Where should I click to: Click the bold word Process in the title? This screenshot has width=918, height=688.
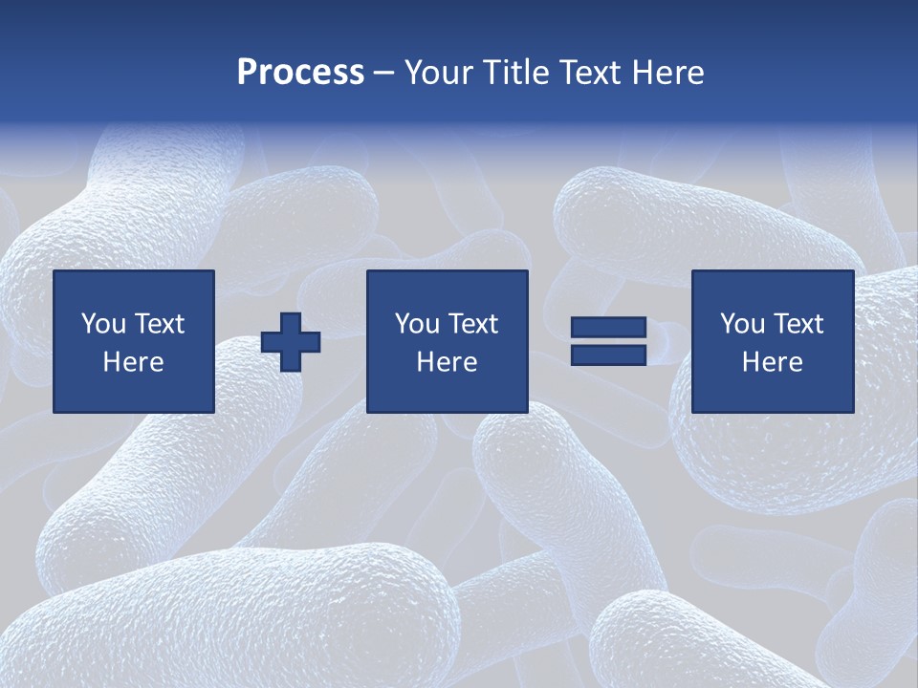300,73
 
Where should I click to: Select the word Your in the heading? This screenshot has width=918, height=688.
439,73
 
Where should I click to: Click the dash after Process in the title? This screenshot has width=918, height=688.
384,74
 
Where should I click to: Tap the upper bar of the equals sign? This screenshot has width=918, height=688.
608,328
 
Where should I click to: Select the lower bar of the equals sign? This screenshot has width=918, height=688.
608,355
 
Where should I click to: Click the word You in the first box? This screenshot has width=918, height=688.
103,324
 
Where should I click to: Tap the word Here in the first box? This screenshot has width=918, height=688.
134,362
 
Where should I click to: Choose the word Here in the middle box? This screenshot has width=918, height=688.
448,362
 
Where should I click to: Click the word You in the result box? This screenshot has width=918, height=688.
742,324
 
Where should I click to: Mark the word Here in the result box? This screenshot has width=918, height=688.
773,362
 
